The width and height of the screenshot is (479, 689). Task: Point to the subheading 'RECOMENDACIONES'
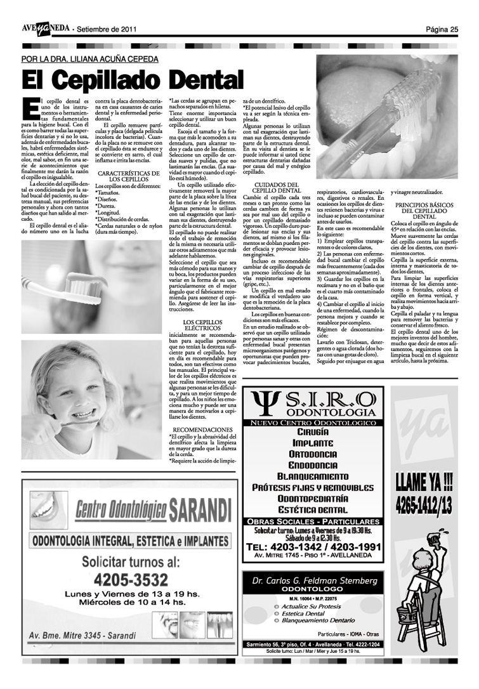coord(202,430)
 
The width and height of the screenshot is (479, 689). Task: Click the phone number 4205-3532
coord(131,579)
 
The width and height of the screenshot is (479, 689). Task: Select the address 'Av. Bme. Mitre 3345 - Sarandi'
coord(82,636)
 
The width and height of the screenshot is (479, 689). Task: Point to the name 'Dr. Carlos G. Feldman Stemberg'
coord(315,581)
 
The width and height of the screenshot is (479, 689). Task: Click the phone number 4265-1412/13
coord(424,505)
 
